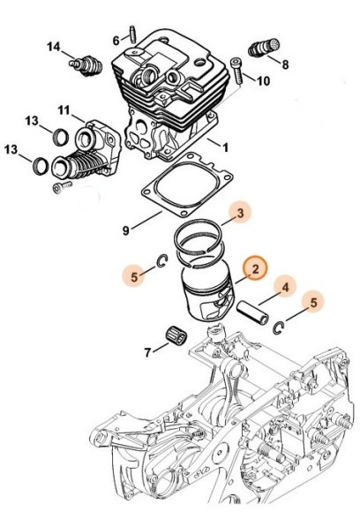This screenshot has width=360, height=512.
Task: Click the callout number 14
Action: [53, 46]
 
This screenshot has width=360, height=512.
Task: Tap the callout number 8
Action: [284, 64]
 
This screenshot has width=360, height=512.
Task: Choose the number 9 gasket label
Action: [127, 230]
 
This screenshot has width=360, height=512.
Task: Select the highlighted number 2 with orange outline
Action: [253, 268]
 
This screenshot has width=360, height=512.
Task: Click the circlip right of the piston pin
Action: [278, 329]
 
